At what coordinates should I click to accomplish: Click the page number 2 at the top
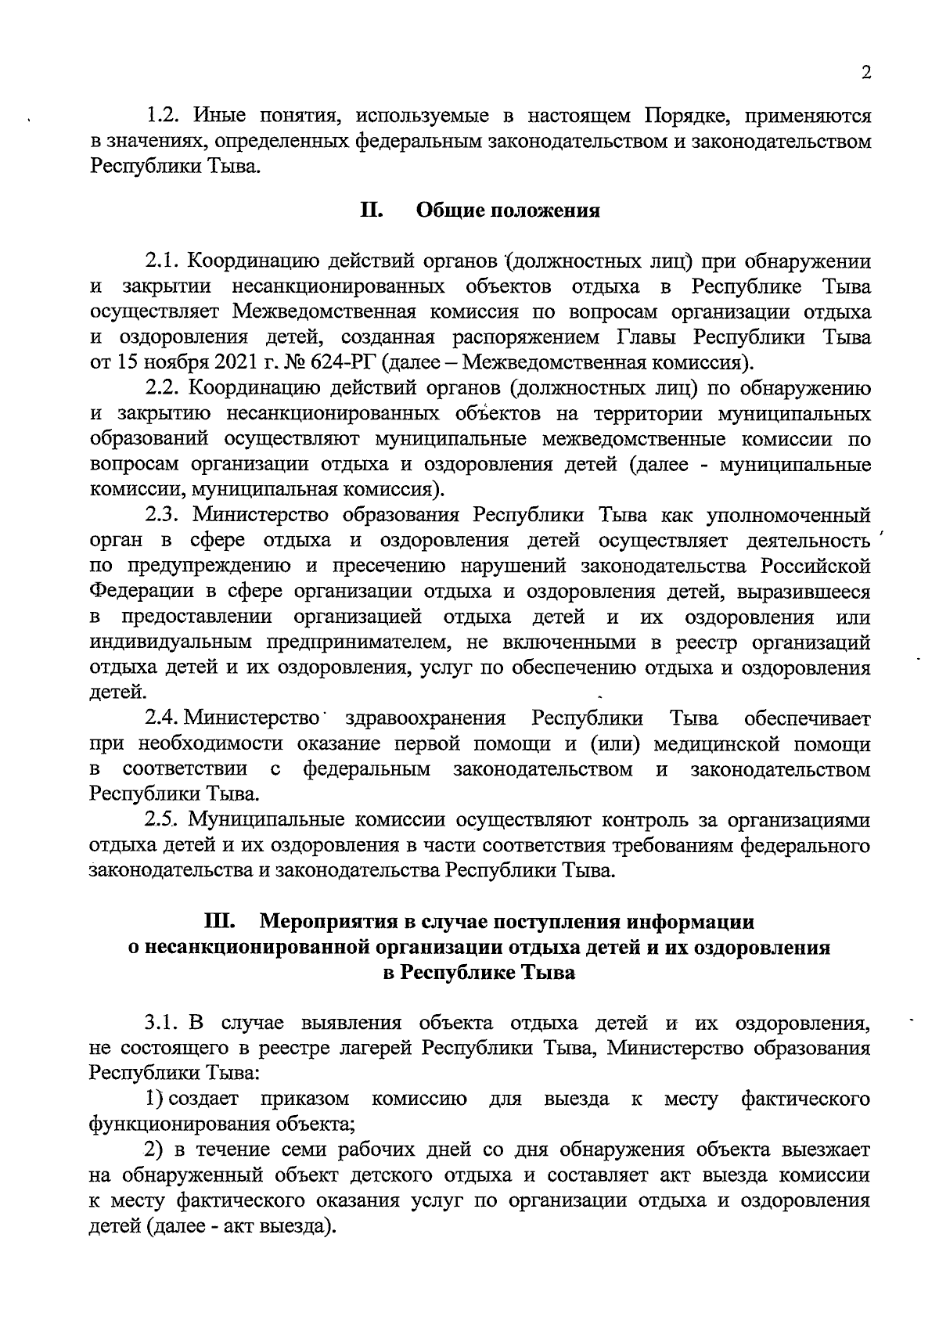pos(865,73)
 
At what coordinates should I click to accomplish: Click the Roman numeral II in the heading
pos(370,211)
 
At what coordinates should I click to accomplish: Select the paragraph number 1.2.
pos(164,117)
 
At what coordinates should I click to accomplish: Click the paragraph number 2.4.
pos(164,718)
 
